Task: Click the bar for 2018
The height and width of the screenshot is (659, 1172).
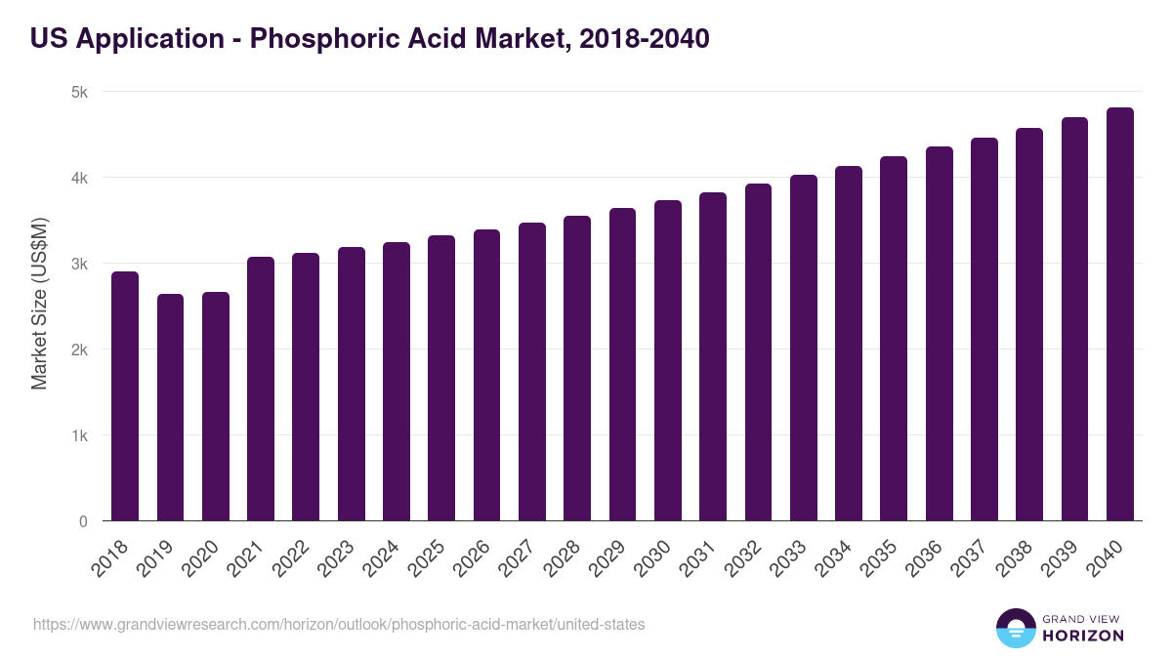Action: (x=125, y=396)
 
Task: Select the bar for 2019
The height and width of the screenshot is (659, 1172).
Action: (x=170, y=407)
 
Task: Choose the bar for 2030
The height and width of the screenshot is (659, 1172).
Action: (x=668, y=360)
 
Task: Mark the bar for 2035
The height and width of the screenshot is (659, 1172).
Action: (x=894, y=339)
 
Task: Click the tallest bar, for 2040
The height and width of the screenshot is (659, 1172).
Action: (x=1120, y=314)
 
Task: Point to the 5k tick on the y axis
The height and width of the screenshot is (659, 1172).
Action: (x=79, y=92)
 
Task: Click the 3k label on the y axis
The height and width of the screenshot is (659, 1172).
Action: (x=79, y=264)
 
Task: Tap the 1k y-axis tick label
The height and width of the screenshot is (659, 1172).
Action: (x=79, y=435)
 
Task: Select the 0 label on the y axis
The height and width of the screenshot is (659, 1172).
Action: (x=83, y=521)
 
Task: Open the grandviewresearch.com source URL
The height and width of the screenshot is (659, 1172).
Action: (x=339, y=624)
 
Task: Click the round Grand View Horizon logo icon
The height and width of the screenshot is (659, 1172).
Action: (x=1016, y=628)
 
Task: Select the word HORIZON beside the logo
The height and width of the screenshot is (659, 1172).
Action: (x=1083, y=636)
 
